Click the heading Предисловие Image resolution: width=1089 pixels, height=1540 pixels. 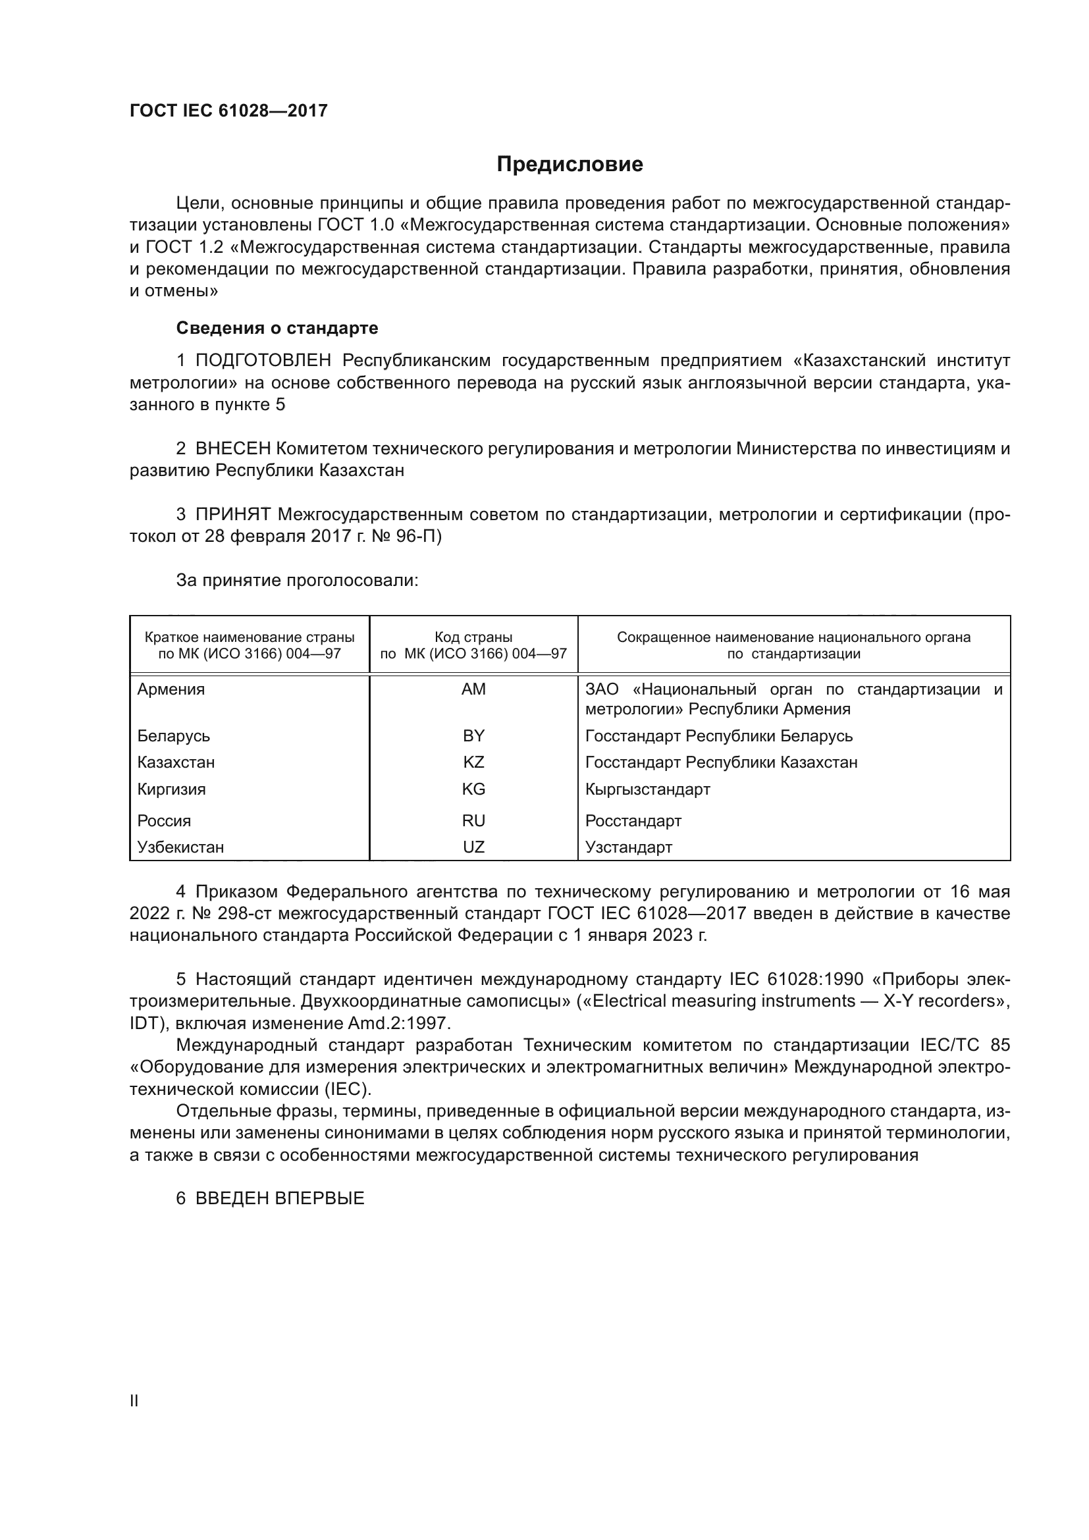(x=570, y=165)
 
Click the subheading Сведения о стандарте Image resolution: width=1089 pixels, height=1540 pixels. (x=277, y=328)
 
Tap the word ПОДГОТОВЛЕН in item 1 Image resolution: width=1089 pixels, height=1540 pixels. (x=263, y=361)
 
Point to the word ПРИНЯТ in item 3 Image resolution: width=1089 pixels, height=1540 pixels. (x=232, y=514)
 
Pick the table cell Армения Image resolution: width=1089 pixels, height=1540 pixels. (x=171, y=689)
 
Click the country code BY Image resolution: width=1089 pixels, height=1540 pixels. (x=473, y=736)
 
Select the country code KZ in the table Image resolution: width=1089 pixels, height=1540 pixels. (x=473, y=762)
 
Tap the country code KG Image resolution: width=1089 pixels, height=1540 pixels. (x=473, y=789)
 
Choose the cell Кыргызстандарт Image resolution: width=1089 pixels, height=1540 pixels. (x=647, y=789)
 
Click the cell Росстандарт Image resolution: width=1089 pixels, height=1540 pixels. (x=633, y=821)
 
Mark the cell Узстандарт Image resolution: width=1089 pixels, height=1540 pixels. (x=628, y=847)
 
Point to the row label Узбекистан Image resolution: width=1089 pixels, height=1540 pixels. (x=180, y=847)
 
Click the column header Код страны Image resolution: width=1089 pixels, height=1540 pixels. (x=473, y=637)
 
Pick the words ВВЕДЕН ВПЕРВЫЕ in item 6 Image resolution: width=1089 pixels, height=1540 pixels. (x=280, y=1198)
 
